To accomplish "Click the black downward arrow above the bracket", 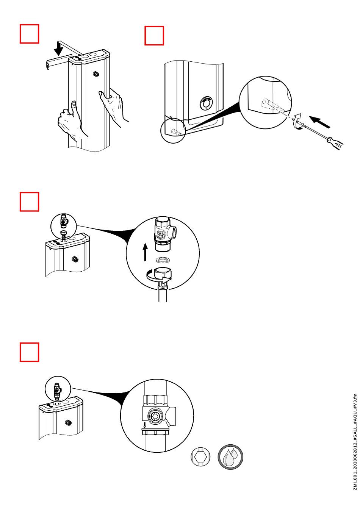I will point(59,48).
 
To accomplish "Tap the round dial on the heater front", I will point(207,102).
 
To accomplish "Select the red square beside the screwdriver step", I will point(154,36).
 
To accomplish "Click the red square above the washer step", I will point(30,202).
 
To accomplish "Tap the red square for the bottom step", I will point(30,352).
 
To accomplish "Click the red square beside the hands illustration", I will point(30,34).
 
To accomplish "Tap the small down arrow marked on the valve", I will point(145,425).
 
